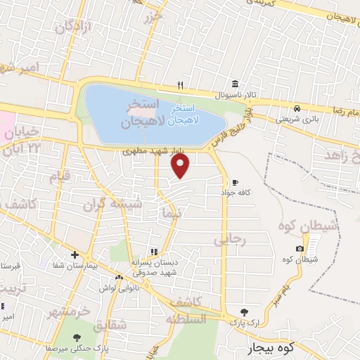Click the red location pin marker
[181, 165]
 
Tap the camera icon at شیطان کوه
[300, 249]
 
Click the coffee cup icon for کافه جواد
[234, 181]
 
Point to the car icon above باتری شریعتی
[297, 108]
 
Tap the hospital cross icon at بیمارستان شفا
[74, 254]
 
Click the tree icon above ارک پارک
[244, 311]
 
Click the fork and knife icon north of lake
[181, 85]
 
